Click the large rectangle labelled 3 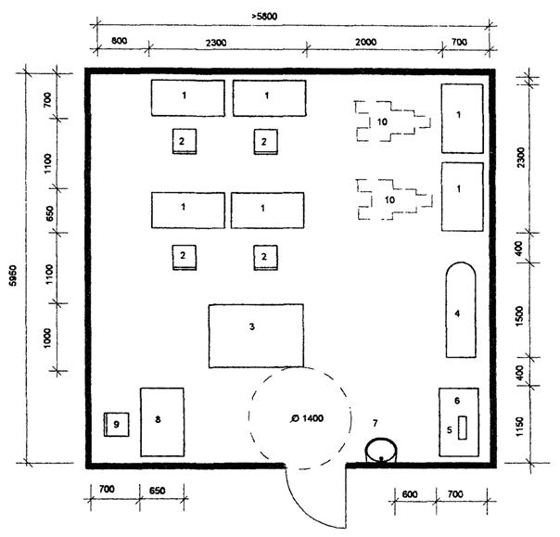(255, 336)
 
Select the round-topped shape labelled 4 (460, 310)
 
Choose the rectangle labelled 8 (161, 422)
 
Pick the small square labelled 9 (116, 425)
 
